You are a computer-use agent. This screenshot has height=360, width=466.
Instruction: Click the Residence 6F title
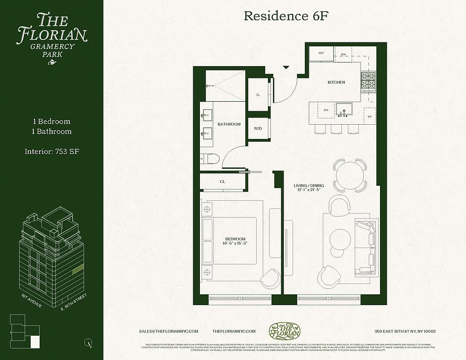pyautogui.click(x=284, y=16)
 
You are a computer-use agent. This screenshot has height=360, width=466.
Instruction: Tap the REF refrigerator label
pyautogui.click(x=321, y=53)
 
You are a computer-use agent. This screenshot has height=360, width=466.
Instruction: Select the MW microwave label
pyautogui.click(x=343, y=54)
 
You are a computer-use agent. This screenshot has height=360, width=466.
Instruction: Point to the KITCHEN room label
pyautogui.click(x=336, y=82)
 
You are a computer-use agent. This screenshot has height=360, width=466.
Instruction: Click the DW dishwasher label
pyautogui.click(x=326, y=109)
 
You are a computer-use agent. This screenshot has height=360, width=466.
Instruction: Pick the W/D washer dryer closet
pyautogui.click(x=258, y=128)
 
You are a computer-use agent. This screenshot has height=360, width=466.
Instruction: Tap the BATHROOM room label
pyautogui.click(x=229, y=124)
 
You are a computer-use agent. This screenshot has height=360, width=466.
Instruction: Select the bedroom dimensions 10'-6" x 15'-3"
pyautogui.click(x=235, y=243)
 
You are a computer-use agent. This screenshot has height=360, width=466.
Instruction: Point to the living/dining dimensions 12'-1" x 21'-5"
pyautogui.click(x=309, y=189)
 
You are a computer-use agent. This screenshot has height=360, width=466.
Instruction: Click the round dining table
pyautogui.click(x=349, y=171)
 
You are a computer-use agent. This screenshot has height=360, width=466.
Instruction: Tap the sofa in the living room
pyautogui.click(x=365, y=247)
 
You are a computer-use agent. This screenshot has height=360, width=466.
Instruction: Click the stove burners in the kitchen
pyautogui.click(x=368, y=81)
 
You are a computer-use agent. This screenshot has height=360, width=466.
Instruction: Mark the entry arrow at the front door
pyautogui.click(x=285, y=67)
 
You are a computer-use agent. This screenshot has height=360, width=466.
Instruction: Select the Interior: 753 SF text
pyautogui.click(x=52, y=152)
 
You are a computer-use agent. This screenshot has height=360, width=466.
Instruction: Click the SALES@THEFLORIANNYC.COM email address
pyautogui.click(x=169, y=331)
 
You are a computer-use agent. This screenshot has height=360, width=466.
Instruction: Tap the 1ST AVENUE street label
pyautogui.click(x=32, y=301)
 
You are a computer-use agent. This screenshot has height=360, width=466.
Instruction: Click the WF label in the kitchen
pyautogui.click(x=370, y=117)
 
